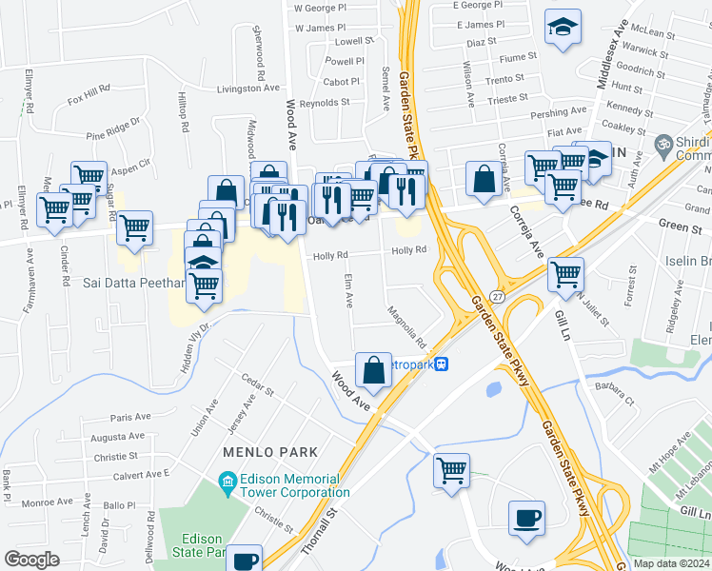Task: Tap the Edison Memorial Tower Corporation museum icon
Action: [227, 483]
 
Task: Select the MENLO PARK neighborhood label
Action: [269, 450]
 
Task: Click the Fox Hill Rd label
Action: [89, 94]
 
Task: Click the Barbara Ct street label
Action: [613, 390]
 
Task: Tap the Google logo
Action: [31, 559]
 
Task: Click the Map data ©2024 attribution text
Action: [670, 563]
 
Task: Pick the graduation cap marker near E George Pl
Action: [563, 28]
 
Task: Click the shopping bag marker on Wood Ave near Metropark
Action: [374, 371]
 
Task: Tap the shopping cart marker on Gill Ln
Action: [565, 275]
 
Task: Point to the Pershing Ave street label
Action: [557, 113]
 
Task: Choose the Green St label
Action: [680, 224]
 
